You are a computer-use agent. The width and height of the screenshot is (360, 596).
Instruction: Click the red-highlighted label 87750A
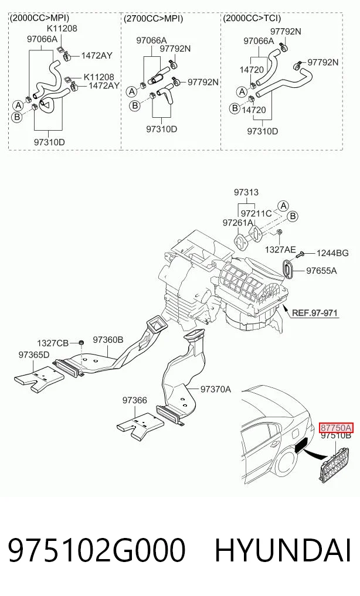[336, 428]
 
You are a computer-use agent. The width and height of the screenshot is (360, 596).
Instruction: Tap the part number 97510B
[336, 435]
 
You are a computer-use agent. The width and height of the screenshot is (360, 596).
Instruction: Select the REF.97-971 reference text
[314, 313]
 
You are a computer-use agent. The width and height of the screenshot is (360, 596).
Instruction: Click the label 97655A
[322, 271]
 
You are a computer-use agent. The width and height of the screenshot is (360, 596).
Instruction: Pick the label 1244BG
[332, 253]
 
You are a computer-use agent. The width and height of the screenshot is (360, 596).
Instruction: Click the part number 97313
[246, 192]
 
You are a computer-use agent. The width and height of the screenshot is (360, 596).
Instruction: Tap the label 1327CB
[52, 343]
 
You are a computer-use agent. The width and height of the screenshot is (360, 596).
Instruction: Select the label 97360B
[108, 339]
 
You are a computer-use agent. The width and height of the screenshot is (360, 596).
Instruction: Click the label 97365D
[34, 355]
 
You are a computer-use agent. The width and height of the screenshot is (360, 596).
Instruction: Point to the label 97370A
[216, 389]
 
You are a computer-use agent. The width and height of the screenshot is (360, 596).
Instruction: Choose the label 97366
[135, 400]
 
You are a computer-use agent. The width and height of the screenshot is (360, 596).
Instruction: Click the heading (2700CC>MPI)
[153, 19]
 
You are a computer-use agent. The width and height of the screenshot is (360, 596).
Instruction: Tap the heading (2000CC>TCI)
[252, 18]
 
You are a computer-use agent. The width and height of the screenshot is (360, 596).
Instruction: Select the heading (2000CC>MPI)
[39, 18]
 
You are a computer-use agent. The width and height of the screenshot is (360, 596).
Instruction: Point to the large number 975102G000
[97, 550]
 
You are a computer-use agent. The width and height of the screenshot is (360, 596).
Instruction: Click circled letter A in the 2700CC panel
[132, 91]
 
